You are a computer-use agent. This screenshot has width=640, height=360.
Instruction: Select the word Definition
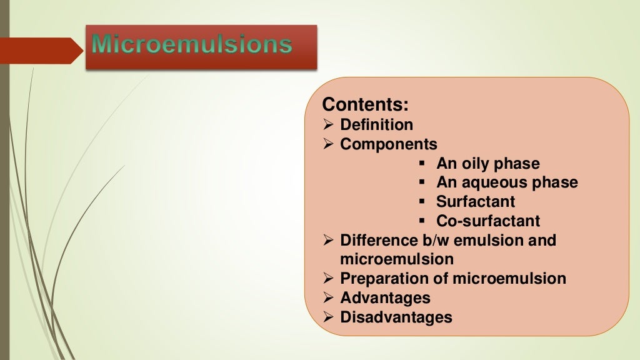tap(376, 124)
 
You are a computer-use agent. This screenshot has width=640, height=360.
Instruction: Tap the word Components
tap(389, 144)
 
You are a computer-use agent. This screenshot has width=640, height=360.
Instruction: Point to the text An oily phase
tap(487, 164)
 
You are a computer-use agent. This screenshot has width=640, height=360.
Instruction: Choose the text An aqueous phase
tap(507, 182)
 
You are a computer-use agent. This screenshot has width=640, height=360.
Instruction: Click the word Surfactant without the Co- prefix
tap(476, 202)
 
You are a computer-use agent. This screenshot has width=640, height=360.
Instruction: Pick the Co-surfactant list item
tap(488, 221)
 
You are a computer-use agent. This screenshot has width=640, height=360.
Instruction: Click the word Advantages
tap(385, 297)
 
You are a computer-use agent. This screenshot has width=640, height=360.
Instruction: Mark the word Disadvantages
tap(396, 317)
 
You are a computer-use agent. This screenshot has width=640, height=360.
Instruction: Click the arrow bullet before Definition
tap(329, 125)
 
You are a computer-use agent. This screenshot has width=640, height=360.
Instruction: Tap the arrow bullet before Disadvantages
tap(329, 317)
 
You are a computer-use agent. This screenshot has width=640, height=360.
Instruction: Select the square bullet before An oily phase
tap(422, 164)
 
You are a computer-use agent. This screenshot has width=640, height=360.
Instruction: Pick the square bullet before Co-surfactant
tap(422, 221)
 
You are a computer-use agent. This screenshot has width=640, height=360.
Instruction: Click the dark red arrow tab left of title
tap(41, 50)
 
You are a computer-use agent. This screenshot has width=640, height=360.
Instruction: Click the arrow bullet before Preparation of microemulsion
tap(329, 279)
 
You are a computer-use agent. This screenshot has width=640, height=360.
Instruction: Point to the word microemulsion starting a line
tap(397, 259)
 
